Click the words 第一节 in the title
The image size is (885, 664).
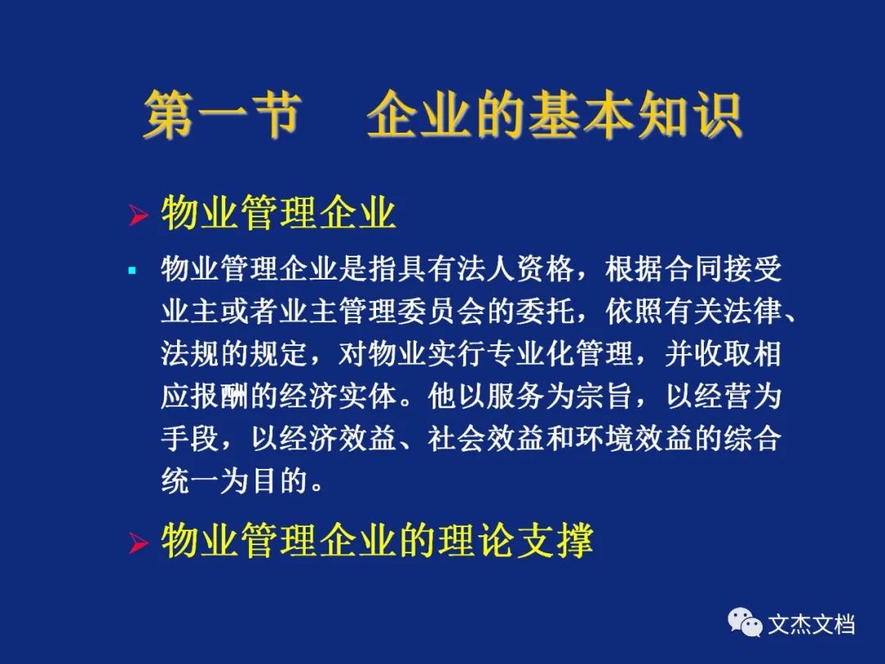click(x=220, y=115)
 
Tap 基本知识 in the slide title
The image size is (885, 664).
click(x=635, y=115)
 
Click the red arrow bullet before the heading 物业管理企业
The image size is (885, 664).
click(x=138, y=215)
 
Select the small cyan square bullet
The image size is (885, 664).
click(x=133, y=271)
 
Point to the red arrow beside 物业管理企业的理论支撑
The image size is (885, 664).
click(x=138, y=543)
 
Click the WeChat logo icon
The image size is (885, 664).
click(x=744, y=623)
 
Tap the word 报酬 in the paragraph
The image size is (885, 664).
click(x=220, y=396)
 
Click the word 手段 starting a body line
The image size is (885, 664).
click(x=189, y=438)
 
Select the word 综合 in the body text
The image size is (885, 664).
click(x=752, y=438)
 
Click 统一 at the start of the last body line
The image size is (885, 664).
click(x=189, y=481)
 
